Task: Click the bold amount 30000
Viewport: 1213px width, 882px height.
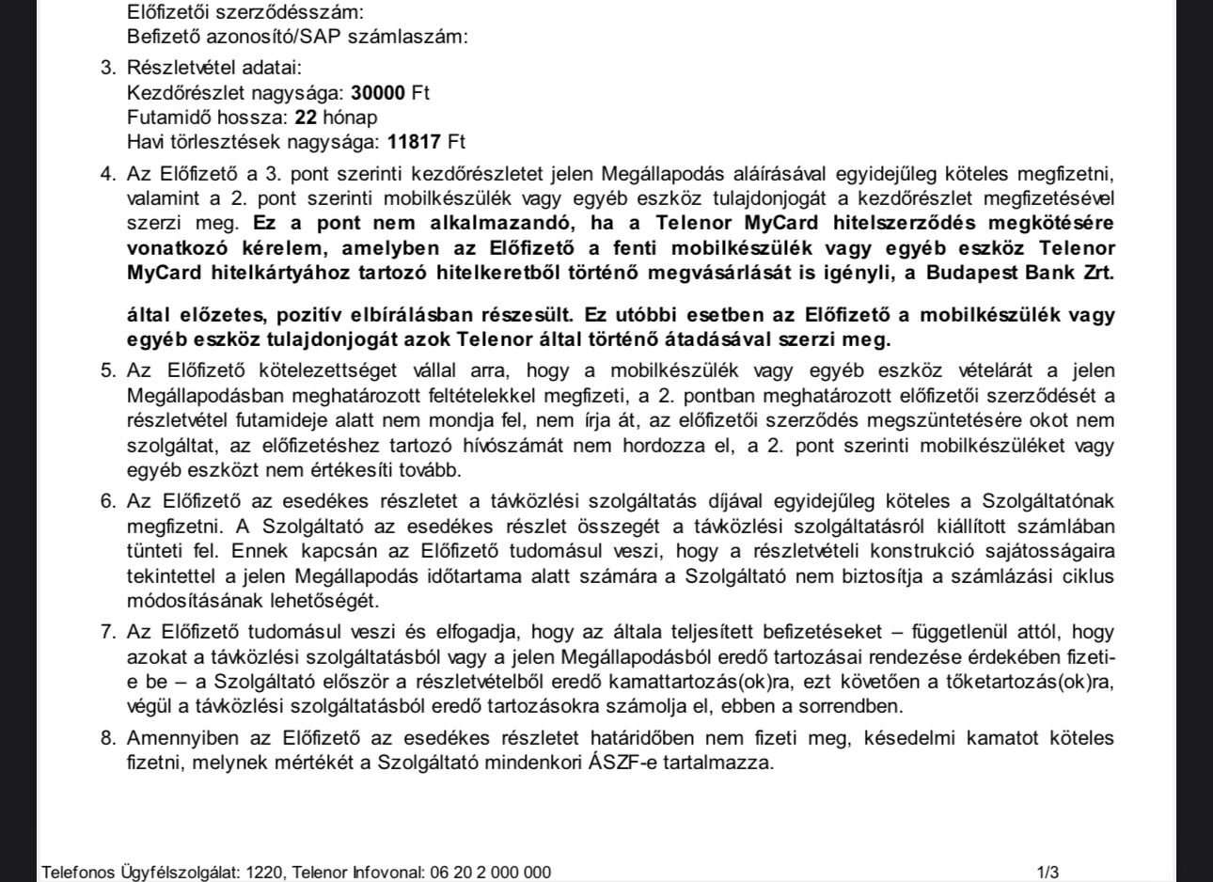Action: (x=378, y=93)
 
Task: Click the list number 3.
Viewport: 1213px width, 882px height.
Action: (x=107, y=69)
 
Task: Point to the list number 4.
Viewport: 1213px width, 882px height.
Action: (x=107, y=174)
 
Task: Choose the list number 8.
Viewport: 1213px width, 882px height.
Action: (x=107, y=738)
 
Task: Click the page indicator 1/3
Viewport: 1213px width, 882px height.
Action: (x=1048, y=873)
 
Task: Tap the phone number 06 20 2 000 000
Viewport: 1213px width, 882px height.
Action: (x=490, y=873)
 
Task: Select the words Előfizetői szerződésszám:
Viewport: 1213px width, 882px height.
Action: (x=244, y=12)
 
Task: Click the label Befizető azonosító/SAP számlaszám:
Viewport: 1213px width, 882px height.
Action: (x=297, y=37)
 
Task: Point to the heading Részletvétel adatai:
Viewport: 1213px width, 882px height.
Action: (x=214, y=69)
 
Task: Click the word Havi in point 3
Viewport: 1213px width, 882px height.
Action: (x=144, y=142)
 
